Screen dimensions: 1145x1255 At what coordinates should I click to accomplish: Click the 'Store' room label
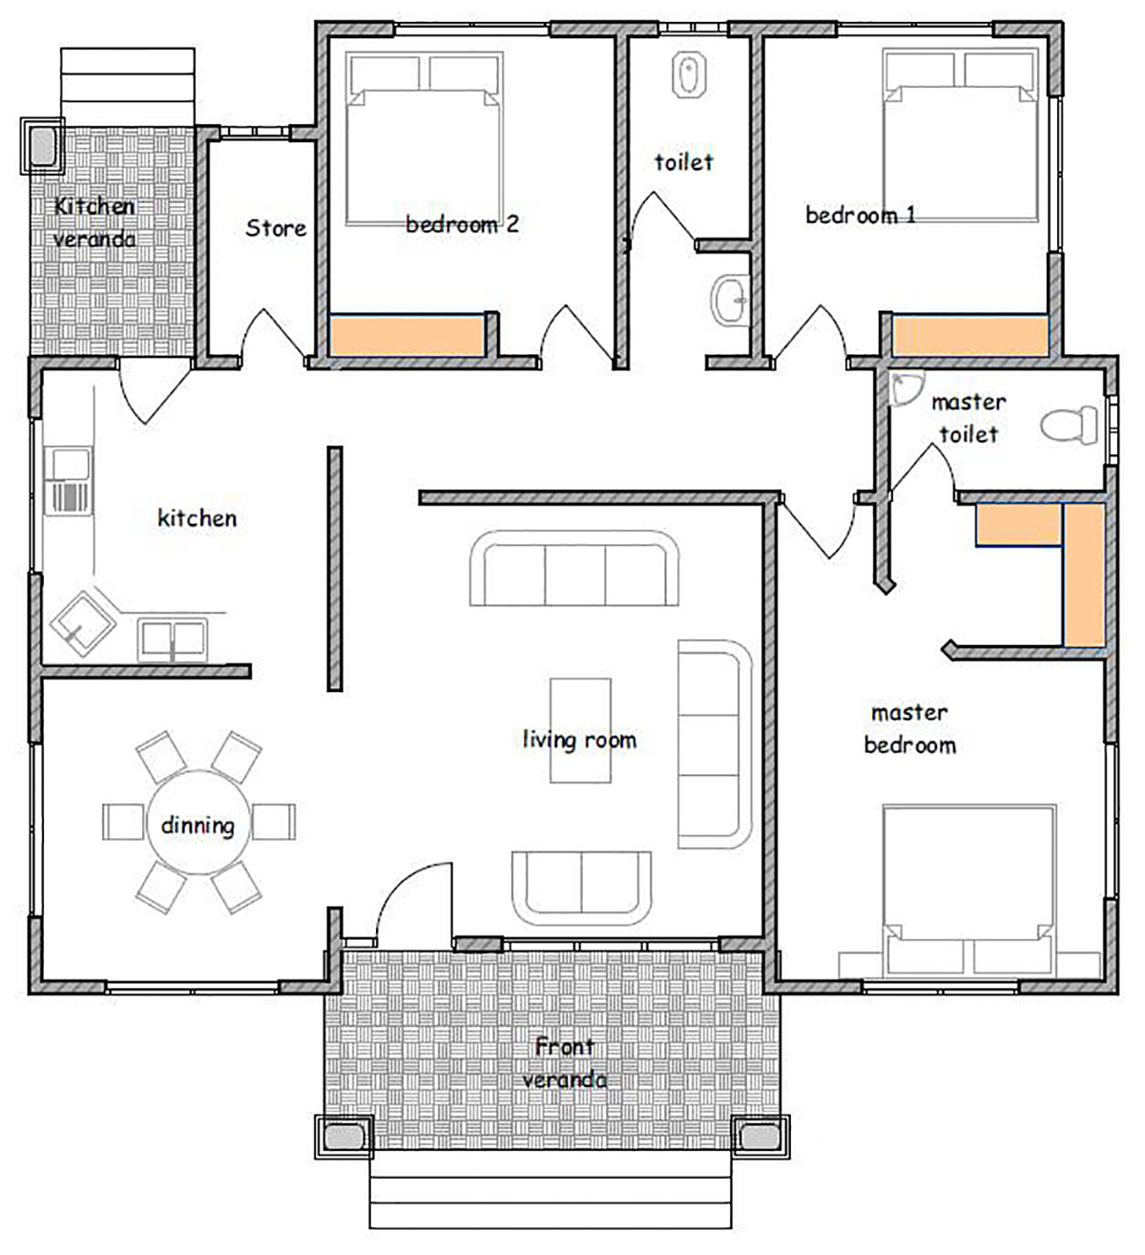click(276, 228)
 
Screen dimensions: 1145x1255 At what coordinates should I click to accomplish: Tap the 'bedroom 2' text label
click(462, 224)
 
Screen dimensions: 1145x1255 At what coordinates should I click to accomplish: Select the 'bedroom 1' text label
click(861, 216)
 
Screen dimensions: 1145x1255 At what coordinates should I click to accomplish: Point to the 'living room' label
click(579, 740)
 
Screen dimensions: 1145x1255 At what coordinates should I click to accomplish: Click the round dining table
click(198, 822)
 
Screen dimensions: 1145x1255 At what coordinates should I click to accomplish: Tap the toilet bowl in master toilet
click(1069, 426)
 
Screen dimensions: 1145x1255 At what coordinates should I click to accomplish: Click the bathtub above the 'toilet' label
click(689, 75)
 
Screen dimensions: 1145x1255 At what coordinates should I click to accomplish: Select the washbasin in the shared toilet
click(730, 301)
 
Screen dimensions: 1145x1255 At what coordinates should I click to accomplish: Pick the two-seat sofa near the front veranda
click(581, 888)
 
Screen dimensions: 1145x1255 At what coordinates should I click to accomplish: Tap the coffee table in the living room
click(581, 730)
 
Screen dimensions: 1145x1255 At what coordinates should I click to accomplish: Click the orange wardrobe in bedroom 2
click(406, 335)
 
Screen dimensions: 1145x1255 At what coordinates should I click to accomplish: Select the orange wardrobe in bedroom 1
click(969, 335)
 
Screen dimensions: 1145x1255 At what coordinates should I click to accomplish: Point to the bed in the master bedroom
click(969, 890)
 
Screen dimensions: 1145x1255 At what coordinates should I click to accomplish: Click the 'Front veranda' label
click(564, 1063)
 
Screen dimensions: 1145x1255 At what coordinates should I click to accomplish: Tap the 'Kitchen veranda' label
click(94, 222)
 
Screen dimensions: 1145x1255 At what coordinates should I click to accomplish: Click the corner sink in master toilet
click(905, 388)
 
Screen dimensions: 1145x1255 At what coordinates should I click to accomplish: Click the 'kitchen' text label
click(198, 518)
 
